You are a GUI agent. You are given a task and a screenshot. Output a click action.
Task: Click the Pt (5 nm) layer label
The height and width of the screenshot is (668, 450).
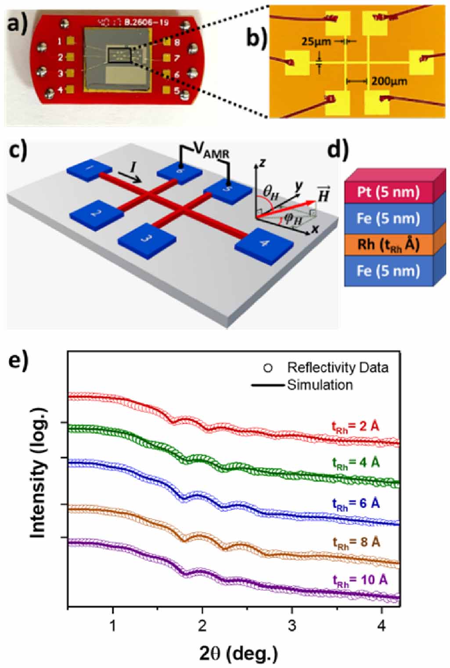pyautogui.click(x=388, y=192)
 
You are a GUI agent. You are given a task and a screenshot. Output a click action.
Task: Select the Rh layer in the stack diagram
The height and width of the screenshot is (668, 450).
pyautogui.click(x=388, y=244)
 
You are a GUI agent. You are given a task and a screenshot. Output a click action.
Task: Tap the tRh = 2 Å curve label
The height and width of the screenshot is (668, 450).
pyautogui.click(x=356, y=427)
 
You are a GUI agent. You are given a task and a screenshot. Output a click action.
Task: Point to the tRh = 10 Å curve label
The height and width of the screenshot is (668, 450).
pyautogui.click(x=360, y=581)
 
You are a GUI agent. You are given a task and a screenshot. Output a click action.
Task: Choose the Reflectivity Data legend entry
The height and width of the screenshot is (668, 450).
pyautogui.click(x=337, y=367)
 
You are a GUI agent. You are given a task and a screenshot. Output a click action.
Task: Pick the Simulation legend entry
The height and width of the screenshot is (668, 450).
pyautogui.click(x=320, y=385)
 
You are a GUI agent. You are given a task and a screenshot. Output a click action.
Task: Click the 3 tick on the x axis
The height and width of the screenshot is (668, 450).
pyautogui.click(x=292, y=625)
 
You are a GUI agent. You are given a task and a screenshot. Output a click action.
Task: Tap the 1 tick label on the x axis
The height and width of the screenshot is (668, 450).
pyautogui.click(x=113, y=625)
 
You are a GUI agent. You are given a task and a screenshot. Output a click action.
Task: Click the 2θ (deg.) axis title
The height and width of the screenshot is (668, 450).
pyautogui.click(x=238, y=653)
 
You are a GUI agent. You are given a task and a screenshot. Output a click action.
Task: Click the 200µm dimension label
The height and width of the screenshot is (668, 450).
pyautogui.click(x=389, y=81)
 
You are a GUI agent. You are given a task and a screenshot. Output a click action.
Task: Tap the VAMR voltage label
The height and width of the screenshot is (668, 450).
pyautogui.click(x=212, y=152)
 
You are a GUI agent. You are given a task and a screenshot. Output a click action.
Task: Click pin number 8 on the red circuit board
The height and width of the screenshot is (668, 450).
pyautogui.click(x=177, y=43)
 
